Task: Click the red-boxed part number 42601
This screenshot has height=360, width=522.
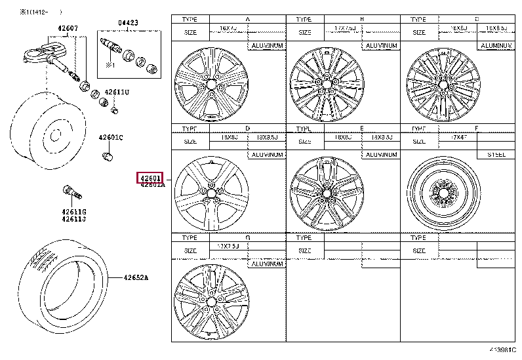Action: tap(150, 178)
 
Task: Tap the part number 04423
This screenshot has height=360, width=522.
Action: tap(129, 22)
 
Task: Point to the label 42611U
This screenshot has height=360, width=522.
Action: tap(118, 92)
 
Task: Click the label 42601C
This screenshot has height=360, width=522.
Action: tap(111, 137)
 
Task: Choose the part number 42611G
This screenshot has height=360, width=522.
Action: tap(74, 211)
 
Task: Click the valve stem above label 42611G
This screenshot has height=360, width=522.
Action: tap(70, 191)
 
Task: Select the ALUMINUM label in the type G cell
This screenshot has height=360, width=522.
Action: tap(267, 263)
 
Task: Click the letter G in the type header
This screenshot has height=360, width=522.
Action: tap(247, 237)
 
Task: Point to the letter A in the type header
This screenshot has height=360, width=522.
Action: tap(247, 20)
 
